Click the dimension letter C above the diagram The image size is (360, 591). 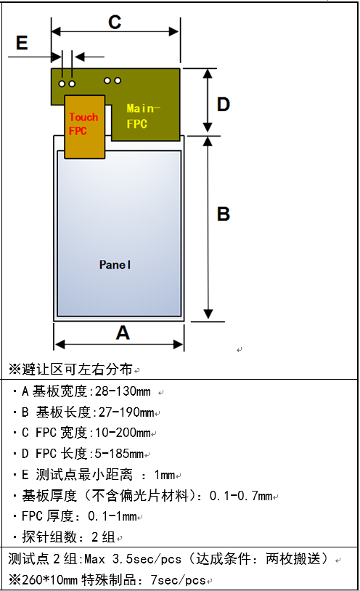point(115,23)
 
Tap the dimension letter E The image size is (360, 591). point(22,43)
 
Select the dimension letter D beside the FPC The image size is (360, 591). point(223,104)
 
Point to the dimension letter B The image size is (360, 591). point(223,213)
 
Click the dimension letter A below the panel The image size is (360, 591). point(123,333)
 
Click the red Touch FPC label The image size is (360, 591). point(83,124)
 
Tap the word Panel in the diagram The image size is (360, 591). point(115,265)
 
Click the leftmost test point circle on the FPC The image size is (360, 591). point(62,83)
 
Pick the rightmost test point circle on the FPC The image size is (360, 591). point(118,81)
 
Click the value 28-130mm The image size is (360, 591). point(123,391)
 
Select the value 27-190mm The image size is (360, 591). point(126,412)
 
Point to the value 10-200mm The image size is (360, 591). point(123,433)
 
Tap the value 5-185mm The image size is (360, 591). point(119,454)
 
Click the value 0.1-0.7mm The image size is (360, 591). point(241,496)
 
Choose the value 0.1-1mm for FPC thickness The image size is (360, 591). point(112,516)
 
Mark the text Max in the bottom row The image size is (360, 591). point(94,559)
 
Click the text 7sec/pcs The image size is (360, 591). point(179,579)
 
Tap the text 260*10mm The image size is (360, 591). point(50,579)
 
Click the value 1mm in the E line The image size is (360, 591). point(165,475)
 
